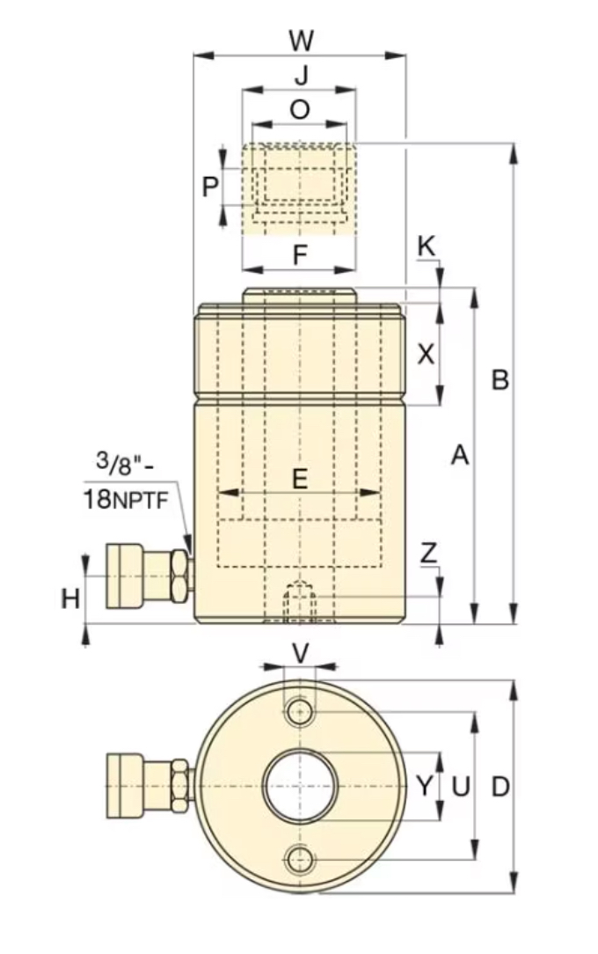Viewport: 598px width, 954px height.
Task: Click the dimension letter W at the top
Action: coord(301,40)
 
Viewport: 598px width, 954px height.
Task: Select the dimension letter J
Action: coord(301,76)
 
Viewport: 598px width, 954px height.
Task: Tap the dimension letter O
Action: coord(300,109)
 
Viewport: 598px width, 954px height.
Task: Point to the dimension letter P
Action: coord(209,187)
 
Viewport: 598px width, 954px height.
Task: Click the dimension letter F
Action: coord(299,255)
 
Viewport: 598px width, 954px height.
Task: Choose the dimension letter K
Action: coord(426,247)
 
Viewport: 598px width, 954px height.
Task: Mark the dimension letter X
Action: coord(426,354)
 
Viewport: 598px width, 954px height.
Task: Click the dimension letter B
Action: coord(500,380)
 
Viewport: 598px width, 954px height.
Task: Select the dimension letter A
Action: coord(459,455)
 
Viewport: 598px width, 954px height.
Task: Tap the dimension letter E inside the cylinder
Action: coord(300,479)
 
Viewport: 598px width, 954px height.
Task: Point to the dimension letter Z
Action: coord(428,553)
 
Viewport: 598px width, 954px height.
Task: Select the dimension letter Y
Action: coord(425,786)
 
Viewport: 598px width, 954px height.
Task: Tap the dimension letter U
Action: coord(459,786)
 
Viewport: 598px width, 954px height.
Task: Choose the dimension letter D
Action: coord(500,786)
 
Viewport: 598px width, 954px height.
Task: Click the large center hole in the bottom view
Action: coord(301,786)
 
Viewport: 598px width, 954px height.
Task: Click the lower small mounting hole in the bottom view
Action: coord(301,860)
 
